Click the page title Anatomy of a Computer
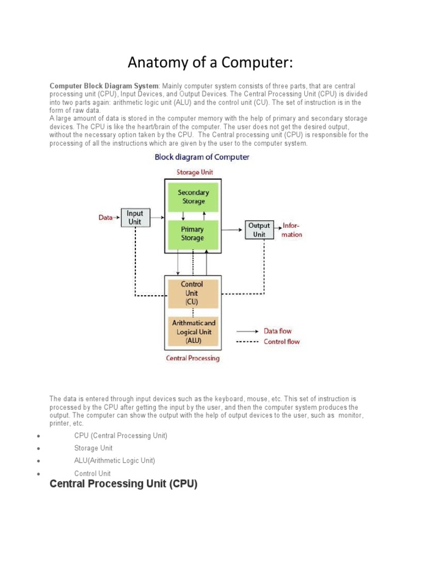(210, 62)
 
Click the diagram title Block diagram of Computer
(202, 157)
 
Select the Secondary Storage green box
(193, 197)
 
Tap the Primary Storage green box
(192, 234)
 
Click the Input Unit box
(135, 217)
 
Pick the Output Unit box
(259, 230)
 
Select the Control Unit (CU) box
(192, 293)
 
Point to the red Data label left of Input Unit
(105, 217)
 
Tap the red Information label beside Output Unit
(291, 230)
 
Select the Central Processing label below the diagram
(192, 358)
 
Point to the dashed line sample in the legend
(248, 342)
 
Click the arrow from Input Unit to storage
(157, 217)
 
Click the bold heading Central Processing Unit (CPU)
(123, 484)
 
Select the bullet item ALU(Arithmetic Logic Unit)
(115, 461)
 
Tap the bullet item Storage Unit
(93, 448)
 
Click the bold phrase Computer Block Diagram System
(104, 87)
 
